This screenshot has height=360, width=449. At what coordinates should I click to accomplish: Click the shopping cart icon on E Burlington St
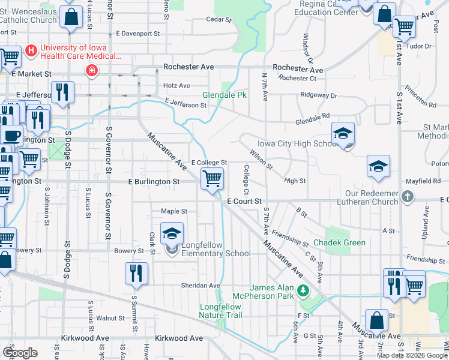pos(212,179)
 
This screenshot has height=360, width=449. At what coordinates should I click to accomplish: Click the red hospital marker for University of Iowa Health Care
pos(91,71)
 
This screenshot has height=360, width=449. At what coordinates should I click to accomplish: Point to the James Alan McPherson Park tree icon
pos(303,292)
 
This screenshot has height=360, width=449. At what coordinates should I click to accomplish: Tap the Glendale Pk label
pos(224,95)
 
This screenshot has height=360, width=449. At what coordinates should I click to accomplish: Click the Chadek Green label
pos(345,242)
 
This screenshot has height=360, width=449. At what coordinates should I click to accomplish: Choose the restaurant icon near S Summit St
pos(136,273)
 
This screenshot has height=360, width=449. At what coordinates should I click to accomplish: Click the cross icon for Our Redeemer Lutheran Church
pos(407,196)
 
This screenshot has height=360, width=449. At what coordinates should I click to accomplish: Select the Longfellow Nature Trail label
pos(220,311)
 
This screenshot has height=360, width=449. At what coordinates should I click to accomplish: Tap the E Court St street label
pos(244,202)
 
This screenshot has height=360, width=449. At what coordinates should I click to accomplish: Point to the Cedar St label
pos(218,20)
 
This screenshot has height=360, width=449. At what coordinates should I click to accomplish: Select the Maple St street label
pos(174,211)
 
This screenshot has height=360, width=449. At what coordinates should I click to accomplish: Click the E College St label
pos(209,163)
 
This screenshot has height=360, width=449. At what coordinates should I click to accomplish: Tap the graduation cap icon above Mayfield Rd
pos(378,167)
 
